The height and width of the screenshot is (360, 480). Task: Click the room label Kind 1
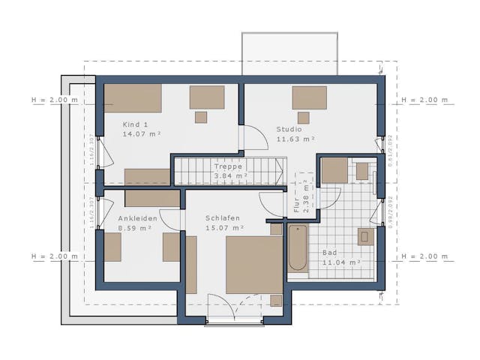[x=136, y=124]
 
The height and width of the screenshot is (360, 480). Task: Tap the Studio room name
[x=288, y=128]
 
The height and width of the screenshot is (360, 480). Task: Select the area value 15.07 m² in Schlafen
[x=224, y=227]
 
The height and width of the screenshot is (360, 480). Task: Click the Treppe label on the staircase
[x=228, y=167]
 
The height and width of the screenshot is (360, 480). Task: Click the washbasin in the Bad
[x=365, y=237]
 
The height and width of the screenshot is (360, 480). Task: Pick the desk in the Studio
[x=309, y=98]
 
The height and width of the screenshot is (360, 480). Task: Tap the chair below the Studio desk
[x=303, y=118]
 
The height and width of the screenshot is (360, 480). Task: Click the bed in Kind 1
[x=133, y=98]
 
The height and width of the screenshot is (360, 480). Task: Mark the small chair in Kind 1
[x=200, y=117]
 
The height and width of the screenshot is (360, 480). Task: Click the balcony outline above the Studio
[x=289, y=53]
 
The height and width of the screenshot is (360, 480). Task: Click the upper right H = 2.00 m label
[x=424, y=100]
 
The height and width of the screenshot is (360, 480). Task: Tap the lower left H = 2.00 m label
[x=54, y=256]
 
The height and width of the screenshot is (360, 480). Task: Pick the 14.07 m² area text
[x=142, y=134]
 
